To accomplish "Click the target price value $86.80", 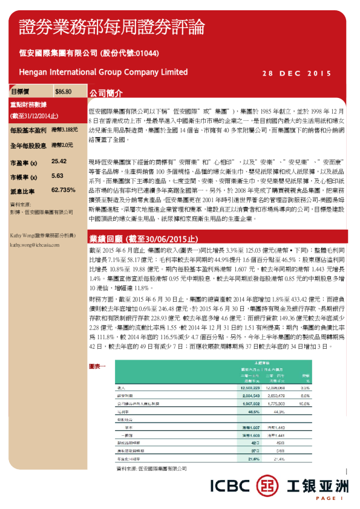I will coord(63,91).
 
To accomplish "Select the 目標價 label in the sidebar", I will coord(21,91).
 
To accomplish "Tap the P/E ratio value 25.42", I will coord(59,162).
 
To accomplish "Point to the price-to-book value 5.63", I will coord(58,176).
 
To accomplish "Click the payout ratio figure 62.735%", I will coord(64,190).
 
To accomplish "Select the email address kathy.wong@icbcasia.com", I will coord(34,245).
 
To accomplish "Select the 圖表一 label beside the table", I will coord(97,366).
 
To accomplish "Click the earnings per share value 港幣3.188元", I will coord(65,130).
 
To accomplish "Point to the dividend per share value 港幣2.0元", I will coord(62,146).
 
